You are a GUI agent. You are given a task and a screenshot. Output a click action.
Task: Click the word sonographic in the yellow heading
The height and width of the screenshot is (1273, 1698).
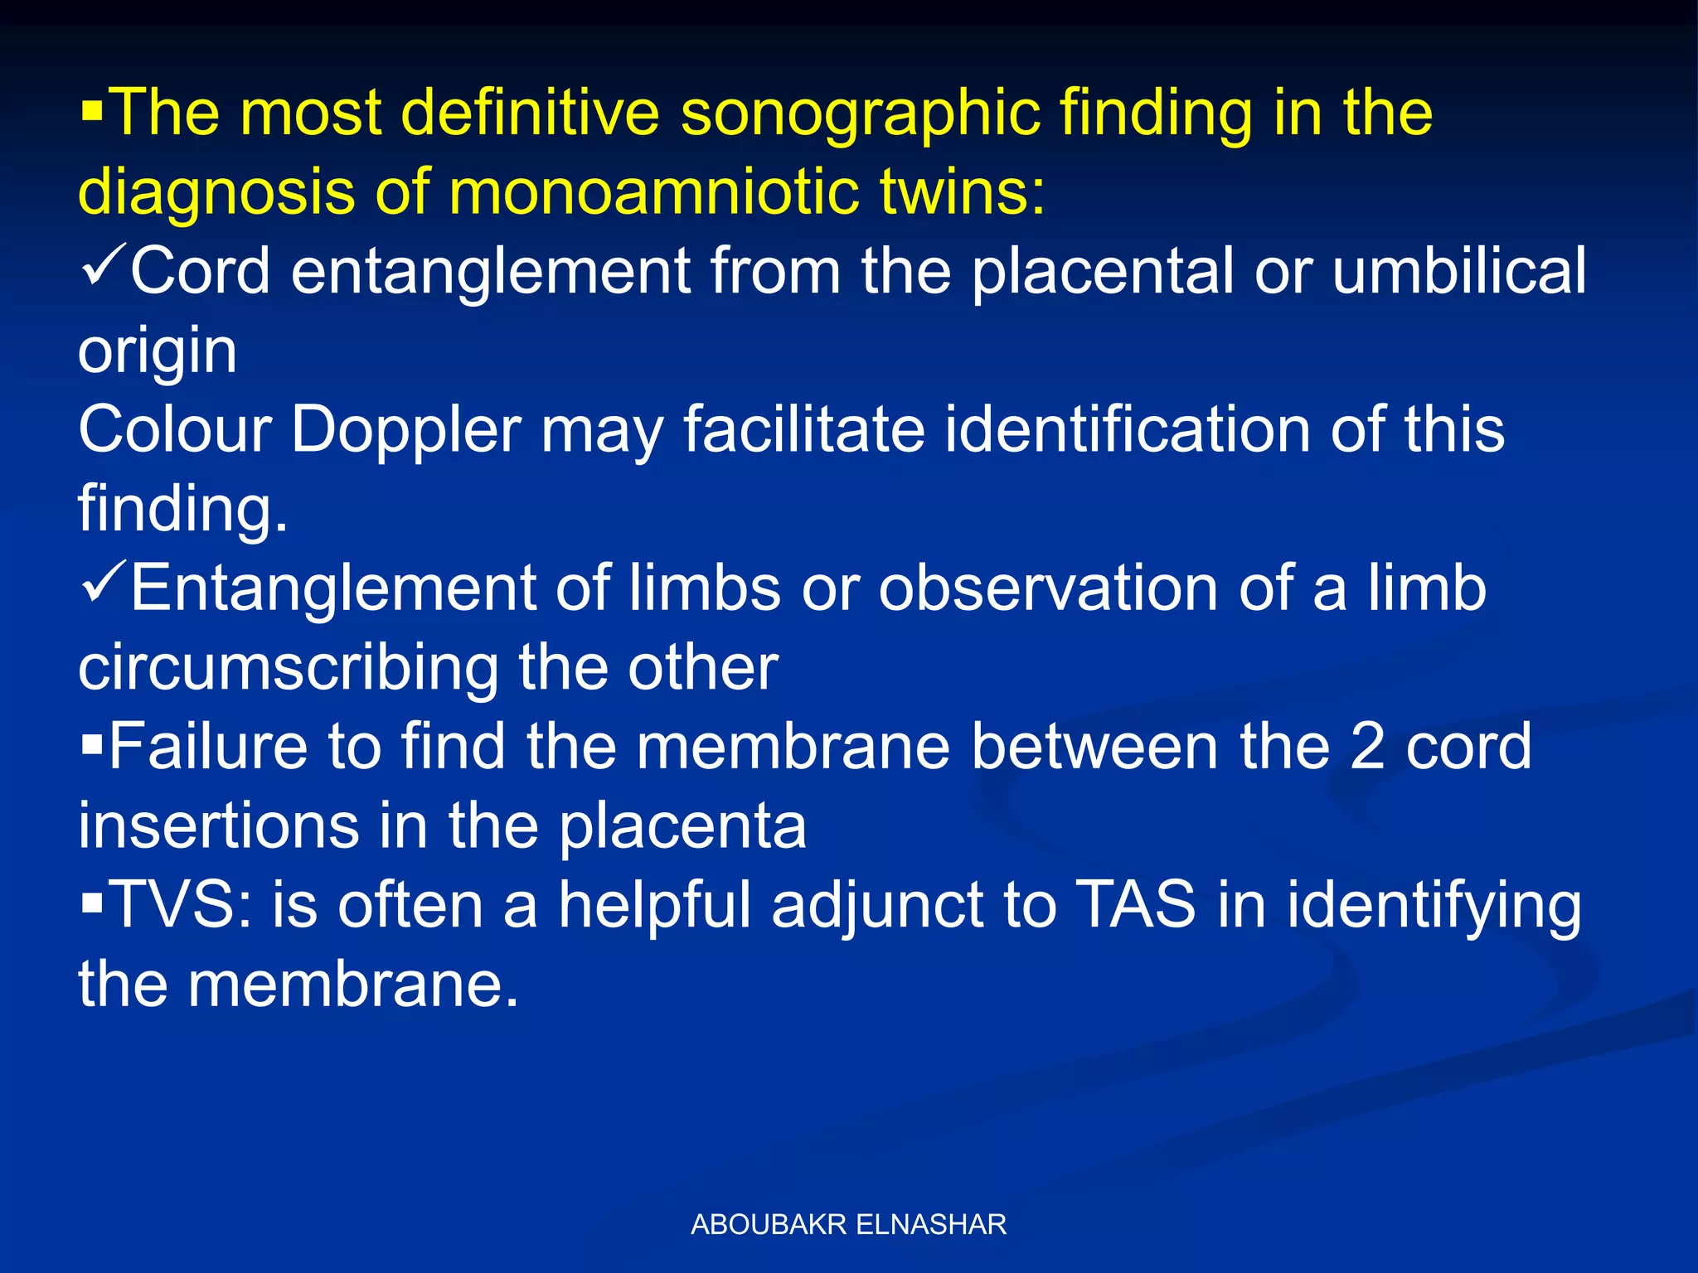(x=860, y=114)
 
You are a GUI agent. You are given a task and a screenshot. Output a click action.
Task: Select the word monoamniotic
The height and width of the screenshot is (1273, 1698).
(x=654, y=192)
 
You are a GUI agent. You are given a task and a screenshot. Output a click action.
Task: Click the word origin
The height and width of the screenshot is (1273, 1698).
(x=158, y=351)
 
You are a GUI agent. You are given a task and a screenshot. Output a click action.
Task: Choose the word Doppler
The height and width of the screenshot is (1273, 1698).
(x=406, y=431)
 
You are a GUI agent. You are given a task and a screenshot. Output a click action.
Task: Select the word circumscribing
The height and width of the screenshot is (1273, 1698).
(x=288, y=668)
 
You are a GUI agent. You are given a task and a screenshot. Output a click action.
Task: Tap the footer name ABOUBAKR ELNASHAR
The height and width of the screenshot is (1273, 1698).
(x=848, y=1225)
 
